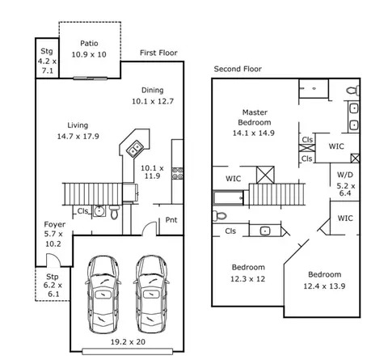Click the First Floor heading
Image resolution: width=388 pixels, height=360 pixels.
(x=158, y=53)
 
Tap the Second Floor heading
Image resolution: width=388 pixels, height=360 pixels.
(x=238, y=69)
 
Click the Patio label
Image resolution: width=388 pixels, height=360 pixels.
(x=89, y=44)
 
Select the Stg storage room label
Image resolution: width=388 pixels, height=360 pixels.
(x=47, y=51)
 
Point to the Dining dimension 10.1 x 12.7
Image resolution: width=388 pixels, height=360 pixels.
(x=153, y=101)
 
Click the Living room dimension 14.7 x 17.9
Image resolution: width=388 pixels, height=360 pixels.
(x=78, y=137)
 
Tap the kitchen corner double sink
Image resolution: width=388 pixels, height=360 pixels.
(x=134, y=149)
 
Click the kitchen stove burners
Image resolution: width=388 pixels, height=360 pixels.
(x=178, y=173)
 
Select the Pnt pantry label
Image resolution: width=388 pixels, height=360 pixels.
(x=171, y=220)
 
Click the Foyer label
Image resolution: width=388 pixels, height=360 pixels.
(x=54, y=224)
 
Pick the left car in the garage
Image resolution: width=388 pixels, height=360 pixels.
(x=103, y=294)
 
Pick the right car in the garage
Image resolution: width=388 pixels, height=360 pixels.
(x=151, y=294)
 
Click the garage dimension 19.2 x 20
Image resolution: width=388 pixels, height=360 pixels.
(x=128, y=342)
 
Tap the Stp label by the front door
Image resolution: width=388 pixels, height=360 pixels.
(x=53, y=277)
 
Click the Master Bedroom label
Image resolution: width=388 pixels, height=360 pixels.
(x=255, y=117)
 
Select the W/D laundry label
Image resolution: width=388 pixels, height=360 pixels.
(x=345, y=175)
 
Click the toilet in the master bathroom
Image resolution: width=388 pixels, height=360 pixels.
(x=353, y=90)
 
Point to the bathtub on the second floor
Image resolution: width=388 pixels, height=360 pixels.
(x=229, y=198)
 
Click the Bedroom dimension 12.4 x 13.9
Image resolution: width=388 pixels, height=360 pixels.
(x=324, y=286)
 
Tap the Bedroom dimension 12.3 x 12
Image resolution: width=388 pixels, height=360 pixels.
(x=247, y=279)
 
